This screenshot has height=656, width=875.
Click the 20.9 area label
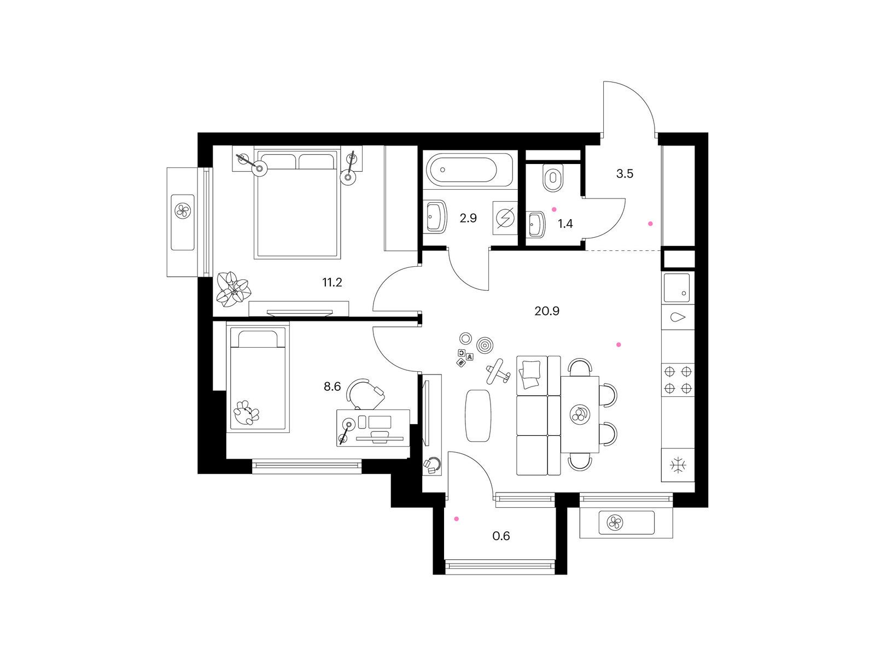pyautogui.click(x=546, y=311)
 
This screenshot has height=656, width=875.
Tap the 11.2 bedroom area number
pyautogui.click(x=332, y=283)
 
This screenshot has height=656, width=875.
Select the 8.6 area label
pyautogui.click(x=332, y=386)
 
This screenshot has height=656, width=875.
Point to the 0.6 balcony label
pyautogui.click(x=501, y=536)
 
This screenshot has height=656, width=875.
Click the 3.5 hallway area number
pyautogui.click(x=625, y=174)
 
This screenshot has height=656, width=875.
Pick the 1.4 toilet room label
pyautogui.click(x=565, y=224)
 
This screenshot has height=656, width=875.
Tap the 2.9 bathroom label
pyautogui.click(x=468, y=218)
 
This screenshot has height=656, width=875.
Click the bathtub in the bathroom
pyautogui.click(x=469, y=169)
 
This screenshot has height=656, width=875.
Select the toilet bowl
pyautogui.click(x=553, y=178)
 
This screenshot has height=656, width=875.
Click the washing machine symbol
pyautogui.click(x=505, y=218)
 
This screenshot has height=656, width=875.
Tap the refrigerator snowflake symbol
pyautogui.click(x=678, y=465)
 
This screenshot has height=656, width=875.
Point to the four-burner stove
pyautogui.click(x=678, y=379)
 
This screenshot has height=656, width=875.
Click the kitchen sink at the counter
pyautogui.click(x=677, y=288)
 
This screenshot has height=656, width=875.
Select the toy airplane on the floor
pyautogui.click(x=498, y=371)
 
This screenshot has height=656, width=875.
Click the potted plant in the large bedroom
pyautogui.click(x=233, y=289)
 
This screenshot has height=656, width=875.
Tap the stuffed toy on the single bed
pyautogui.click(x=246, y=413)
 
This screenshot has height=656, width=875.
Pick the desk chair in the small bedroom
pyautogui.click(x=365, y=394)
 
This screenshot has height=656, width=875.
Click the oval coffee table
pyautogui.click(x=478, y=415)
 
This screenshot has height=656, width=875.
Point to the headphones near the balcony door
pyautogui.click(x=432, y=465)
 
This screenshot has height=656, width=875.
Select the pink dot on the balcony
pyautogui.click(x=457, y=519)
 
